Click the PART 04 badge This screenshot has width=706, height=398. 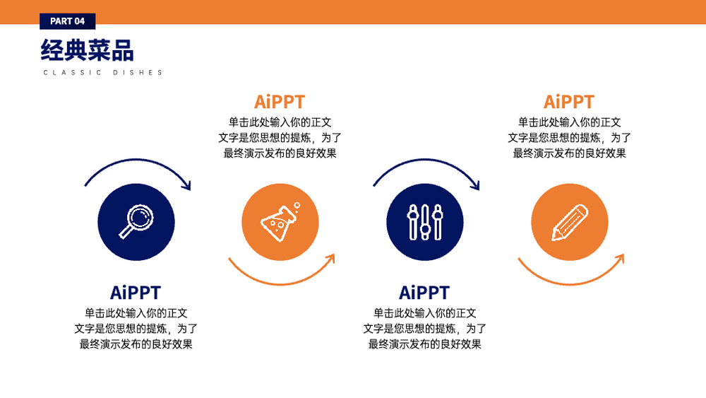pyautogui.click(x=68, y=21)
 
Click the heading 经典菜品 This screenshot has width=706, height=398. pyautogui.click(x=88, y=50)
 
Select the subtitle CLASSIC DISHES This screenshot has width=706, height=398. pyautogui.click(x=102, y=73)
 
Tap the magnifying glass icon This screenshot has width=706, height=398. pyautogui.click(x=136, y=221)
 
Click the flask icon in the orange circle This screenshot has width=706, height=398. pyautogui.click(x=279, y=222)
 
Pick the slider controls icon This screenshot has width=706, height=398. pyautogui.click(x=424, y=222)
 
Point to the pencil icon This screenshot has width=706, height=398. pyautogui.click(x=570, y=222)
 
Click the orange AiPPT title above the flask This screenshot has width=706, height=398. pyautogui.click(x=280, y=102)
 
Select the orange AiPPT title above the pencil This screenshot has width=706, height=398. pyautogui.click(x=569, y=102)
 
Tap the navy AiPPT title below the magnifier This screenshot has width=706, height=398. pyautogui.click(x=136, y=293)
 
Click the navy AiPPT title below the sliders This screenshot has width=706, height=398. pyautogui.click(x=424, y=293)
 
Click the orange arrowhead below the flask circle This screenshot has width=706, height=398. pyautogui.click(x=331, y=259)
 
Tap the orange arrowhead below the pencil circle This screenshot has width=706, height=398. pyautogui.click(x=620, y=259)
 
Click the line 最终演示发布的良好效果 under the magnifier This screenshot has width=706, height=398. pyautogui.click(x=136, y=344)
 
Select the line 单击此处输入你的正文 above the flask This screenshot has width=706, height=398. pyautogui.click(x=280, y=122)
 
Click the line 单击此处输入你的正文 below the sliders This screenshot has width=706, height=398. pyautogui.click(x=424, y=313)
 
